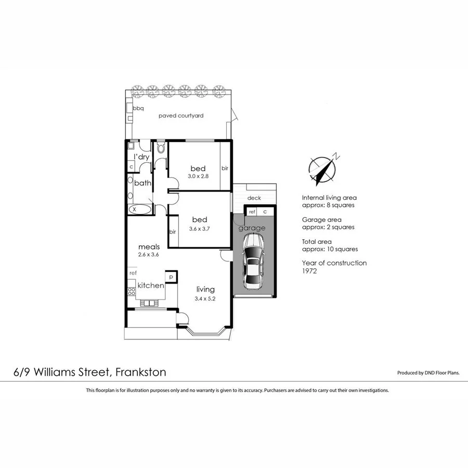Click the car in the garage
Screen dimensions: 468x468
click(x=254, y=262)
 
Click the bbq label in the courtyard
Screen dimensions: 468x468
click(x=138, y=109)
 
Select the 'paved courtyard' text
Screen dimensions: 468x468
click(x=181, y=115)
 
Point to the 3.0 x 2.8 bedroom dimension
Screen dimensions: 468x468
click(x=198, y=177)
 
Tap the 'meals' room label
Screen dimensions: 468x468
click(x=149, y=246)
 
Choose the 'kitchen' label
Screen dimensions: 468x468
click(x=151, y=285)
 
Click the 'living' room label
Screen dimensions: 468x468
click(x=205, y=289)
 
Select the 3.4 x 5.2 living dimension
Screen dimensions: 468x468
click(x=205, y=298)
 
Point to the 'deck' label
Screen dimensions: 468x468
click(x=254, y=198)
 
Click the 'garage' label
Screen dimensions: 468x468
click(x=252, y=228)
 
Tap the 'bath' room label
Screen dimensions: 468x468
click(x=142, y=183)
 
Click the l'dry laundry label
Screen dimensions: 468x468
click(x=142, y=157)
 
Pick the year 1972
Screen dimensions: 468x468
click(x=309, y=271)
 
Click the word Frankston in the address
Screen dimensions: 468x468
click(x=141, y=372)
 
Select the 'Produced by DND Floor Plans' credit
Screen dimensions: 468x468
click(x=428, y=373)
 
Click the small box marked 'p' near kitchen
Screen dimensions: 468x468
click(x=171, y=276)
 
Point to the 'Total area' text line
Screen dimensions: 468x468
click(x=317, y=242)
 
